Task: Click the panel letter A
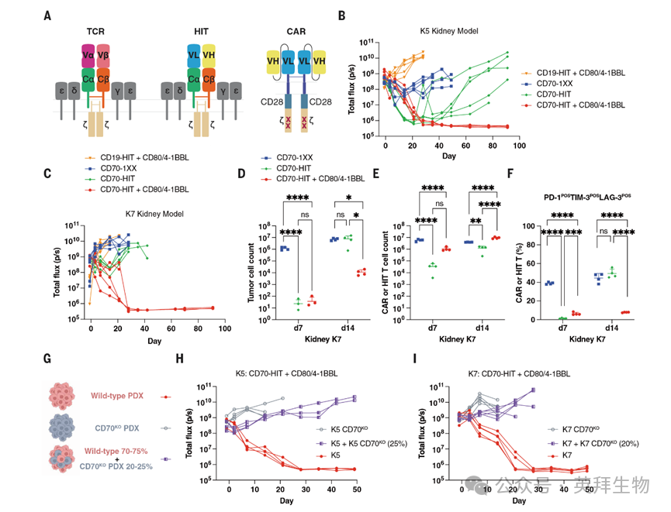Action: tap(49, 15)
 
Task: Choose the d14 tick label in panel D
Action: tap(339, 328)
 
